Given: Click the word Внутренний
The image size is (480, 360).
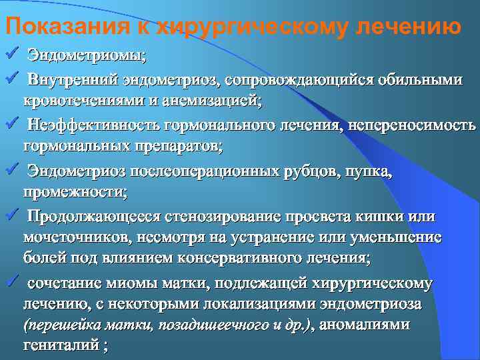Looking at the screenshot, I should pos(73,80).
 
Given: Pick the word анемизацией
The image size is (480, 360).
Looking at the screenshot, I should pos(221,101).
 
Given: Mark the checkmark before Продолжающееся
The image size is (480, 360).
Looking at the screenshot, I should pos(9,213).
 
